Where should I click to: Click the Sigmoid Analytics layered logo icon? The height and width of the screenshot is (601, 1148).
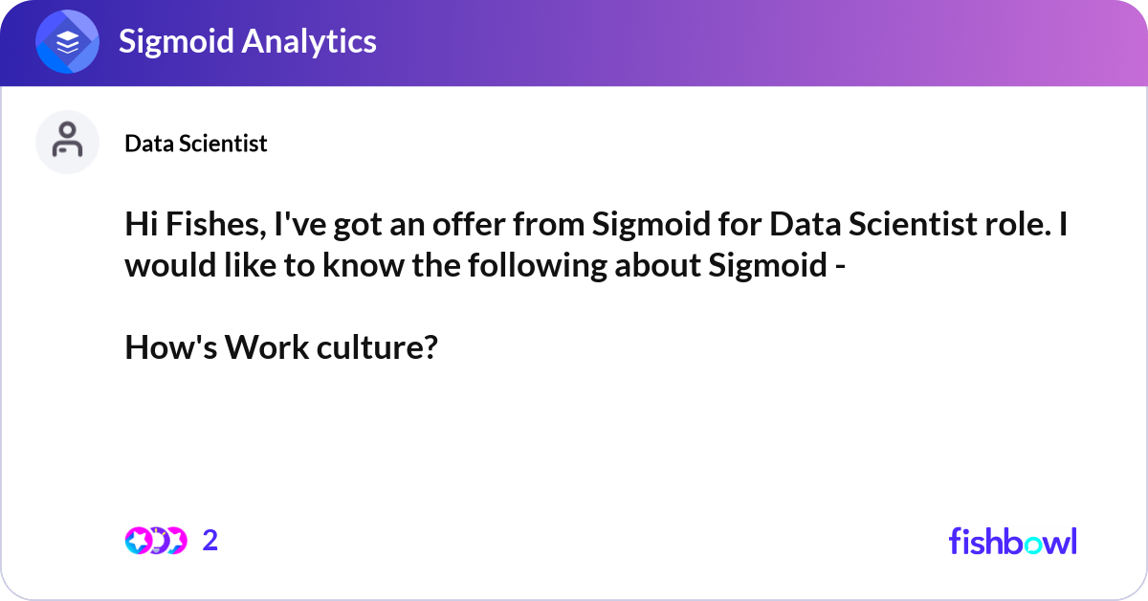coord(68,42)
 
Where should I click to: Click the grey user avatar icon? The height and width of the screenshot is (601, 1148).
coord(67,142)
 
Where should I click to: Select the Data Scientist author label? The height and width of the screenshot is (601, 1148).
coord(196,144)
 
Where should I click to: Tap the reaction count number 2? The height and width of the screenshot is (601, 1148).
coord(210,541)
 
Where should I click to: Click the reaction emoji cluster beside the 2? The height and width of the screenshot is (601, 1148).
coord(155,541)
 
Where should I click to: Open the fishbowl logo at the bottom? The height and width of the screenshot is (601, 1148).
coord(1012,541)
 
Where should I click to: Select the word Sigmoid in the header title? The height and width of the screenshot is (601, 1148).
coord(176,41)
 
